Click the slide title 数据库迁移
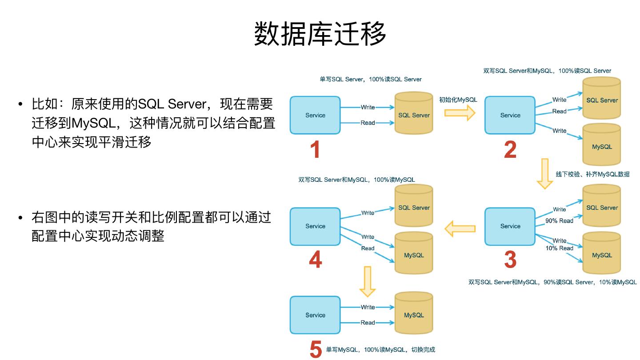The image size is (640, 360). (x=320, y=33)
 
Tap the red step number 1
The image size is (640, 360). (x=315, y=150)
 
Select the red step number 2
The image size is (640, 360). (x=510, y=150)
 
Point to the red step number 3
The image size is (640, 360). (x=510, y=260)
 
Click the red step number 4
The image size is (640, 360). (x=315, y=260)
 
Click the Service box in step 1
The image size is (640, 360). (x=315, y=115)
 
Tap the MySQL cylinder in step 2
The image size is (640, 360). (x=602, y=145)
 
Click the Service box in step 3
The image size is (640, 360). (x=510, y=226)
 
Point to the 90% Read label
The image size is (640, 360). (x=560, y=220)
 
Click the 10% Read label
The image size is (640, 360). (x=560, y=248)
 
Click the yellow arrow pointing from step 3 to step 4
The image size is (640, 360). (x=460, y=229)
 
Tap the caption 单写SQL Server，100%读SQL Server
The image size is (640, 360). (x=370, y=79)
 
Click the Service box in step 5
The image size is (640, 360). (x=315, y=315)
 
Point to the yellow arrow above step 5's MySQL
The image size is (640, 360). (x=367, y=281)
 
